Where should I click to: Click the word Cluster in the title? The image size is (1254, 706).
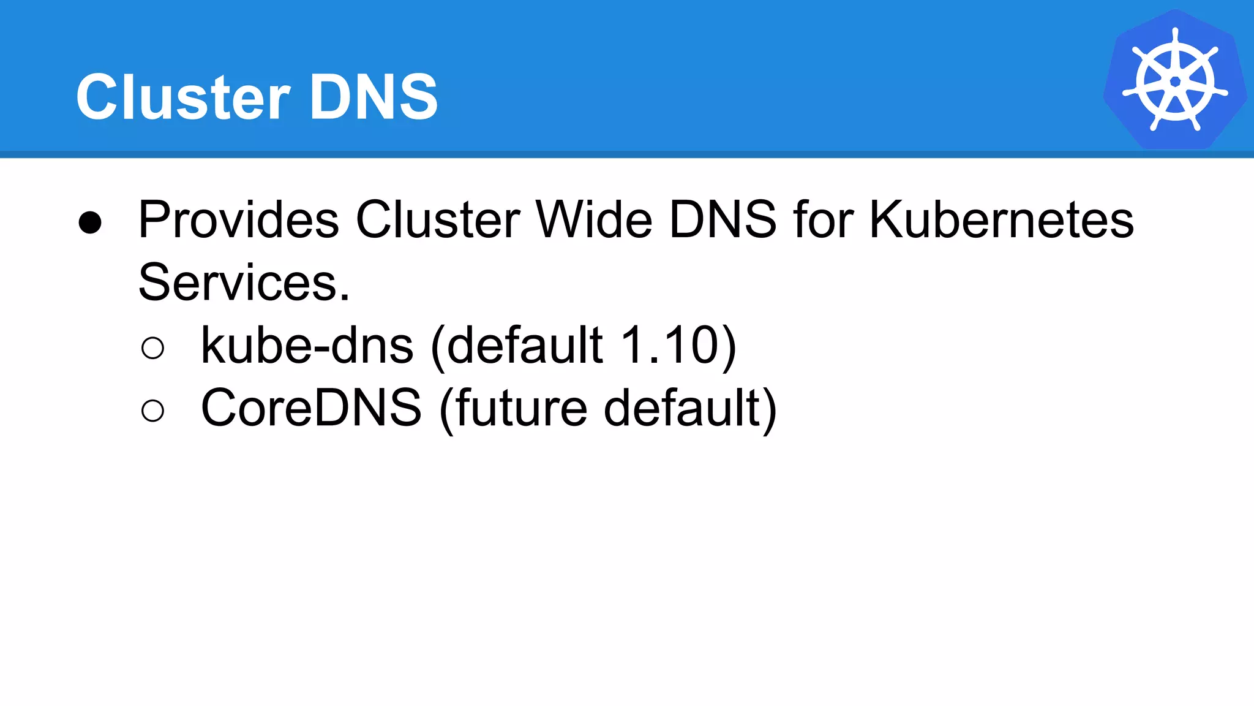[x=182, y=97]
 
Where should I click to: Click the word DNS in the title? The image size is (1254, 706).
[x=374, y=97]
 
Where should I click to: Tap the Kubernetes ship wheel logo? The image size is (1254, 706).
[x=1175, y=80]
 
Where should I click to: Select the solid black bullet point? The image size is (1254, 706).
[x=90, y=222]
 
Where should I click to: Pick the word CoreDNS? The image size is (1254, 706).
[x=311, y=408]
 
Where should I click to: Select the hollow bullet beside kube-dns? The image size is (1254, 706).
[x=152, y=348]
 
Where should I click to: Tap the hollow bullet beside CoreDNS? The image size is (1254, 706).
[x=152, y=411]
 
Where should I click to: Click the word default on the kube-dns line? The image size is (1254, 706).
[x=524, y=346]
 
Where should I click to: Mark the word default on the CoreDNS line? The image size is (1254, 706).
[x=682, y=408]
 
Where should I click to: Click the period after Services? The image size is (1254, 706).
[x=344, y=298]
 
